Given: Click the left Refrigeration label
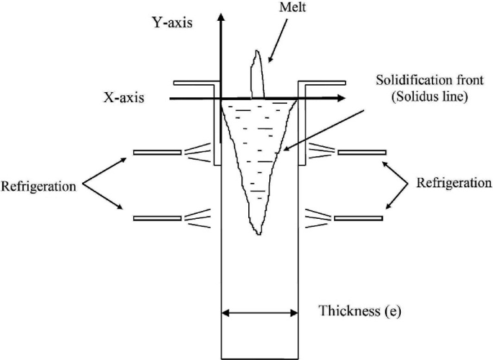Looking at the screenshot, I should click(x=38, y=186).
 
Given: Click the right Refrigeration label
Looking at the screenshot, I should click(x=455, y=183).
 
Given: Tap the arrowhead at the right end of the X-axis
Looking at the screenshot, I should click(x=340, y=98).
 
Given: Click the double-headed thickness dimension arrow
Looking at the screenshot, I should click(x=259, y=312).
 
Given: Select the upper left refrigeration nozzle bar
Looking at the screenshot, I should click(x=157, y=152).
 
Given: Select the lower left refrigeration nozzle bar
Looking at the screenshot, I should click(x=157, y=217).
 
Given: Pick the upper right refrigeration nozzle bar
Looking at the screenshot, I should click(x=361, y=153).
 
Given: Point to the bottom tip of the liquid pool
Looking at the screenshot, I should click(x=257, y=233).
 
